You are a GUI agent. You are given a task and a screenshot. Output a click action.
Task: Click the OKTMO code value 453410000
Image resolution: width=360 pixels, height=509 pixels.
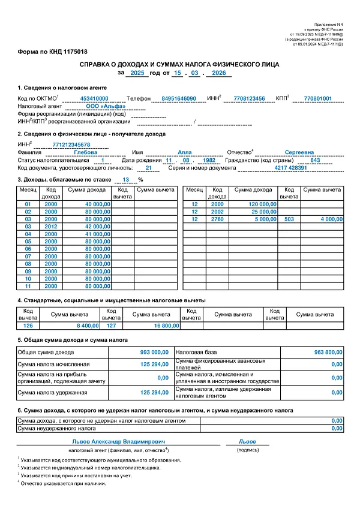point(94,98)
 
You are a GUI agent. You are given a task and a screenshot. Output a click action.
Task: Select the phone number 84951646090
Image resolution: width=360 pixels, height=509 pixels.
point(175,98)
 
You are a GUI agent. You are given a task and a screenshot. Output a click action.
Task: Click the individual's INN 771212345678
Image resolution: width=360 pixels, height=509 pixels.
point(71,144)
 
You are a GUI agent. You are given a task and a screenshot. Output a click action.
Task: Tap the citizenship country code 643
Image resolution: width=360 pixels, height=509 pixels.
point(316,160)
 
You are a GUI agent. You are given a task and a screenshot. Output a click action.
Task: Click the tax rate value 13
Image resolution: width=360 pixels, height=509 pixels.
point(125,179)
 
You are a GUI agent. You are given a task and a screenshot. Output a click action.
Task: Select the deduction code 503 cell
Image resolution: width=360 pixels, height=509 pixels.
point(289,219)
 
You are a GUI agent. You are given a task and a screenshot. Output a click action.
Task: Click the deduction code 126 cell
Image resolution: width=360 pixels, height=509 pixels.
point(28,326)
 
